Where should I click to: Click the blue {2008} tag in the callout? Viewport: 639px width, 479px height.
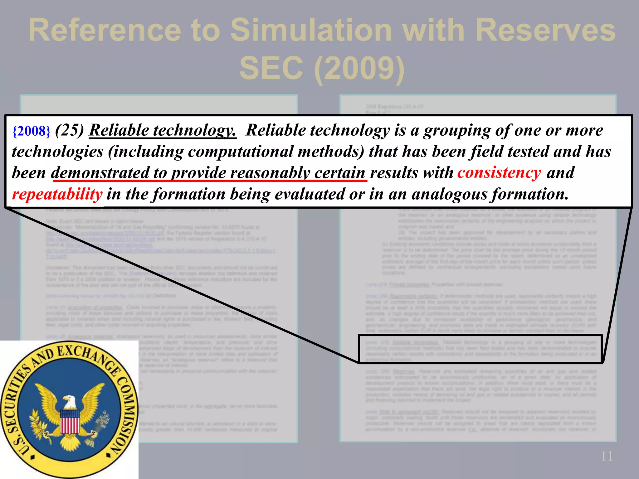[x=31, y=131]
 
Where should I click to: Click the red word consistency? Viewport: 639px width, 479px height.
[x=499, y=172]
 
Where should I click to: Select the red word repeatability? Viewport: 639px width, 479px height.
[x=57, y=194]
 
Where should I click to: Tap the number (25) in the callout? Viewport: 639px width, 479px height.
[x=69, y=130]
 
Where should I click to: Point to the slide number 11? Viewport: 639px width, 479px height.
[x=607, y=456]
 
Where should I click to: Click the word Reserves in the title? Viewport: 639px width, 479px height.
[x=545, y=30]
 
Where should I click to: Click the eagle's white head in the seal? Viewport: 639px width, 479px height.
[x=69, y=402]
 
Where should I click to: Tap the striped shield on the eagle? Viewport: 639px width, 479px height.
[x=69, y=421]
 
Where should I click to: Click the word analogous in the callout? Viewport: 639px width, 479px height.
[x=449, y=194]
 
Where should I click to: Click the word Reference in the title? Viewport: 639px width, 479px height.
[x=105, y=30]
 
